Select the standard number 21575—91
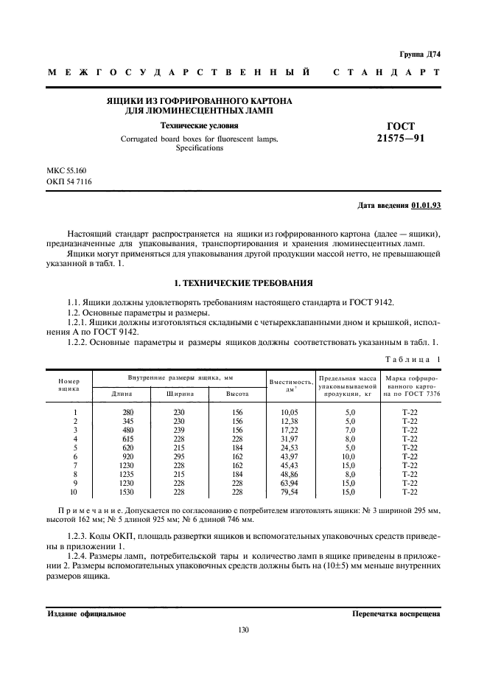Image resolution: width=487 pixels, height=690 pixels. point(404,138)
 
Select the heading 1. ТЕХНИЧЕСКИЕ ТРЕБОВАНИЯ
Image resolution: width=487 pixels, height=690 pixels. point(243,283)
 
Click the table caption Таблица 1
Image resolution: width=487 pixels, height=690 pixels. point(413,358)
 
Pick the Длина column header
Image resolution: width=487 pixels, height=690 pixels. point(122,394)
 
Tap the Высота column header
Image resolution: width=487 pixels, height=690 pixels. point(237,394)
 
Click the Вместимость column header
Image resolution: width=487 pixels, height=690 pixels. point(292,382)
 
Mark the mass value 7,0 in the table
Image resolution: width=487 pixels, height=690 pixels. point(349,430)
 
